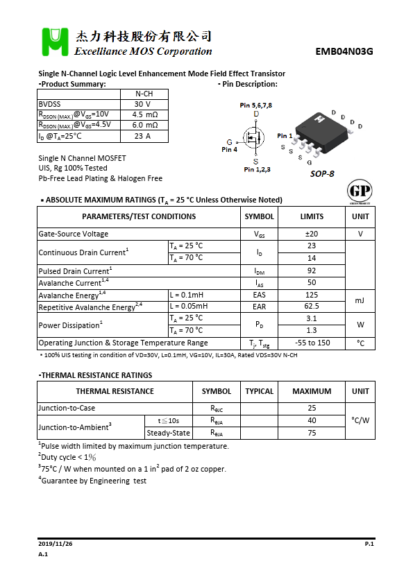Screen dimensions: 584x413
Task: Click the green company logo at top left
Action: pyautogui.click(x=54, y=42)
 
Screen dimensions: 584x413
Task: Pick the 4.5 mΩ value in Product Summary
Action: pyautogui.click(x=144, y=114)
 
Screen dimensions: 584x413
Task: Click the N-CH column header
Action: pyautogui.click(x=144, y=94)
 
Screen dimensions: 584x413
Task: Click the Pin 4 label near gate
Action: pyautogui.click(x=229, y=149)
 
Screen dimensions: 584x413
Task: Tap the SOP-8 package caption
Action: pyautogui.click(x=322, y=173)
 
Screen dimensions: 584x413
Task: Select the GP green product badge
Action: pyautogui.click(x=359, y=191)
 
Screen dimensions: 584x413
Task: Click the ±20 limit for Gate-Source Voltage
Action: pyautogui.click(x=312, y=234)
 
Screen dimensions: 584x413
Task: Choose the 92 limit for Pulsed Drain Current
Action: pyautogui.click(x=312, y=270)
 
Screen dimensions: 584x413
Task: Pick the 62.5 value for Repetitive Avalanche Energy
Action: pyautogui.click(x=312, y=307)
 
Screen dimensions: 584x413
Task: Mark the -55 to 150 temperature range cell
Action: pyautogui.click(x=312, y=343)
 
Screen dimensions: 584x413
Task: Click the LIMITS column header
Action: pyautogui.click(x=312, y=216)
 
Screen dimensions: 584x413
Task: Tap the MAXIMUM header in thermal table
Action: pyautogui.click(x=312, y=391)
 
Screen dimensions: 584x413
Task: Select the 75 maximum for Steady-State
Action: pyautogui.click(x=312, y=433)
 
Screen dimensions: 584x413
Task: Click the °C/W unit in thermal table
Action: pyautogui.click(x=360, y=420)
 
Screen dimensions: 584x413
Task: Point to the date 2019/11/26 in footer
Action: pyautogui.click(x=56, y=544)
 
